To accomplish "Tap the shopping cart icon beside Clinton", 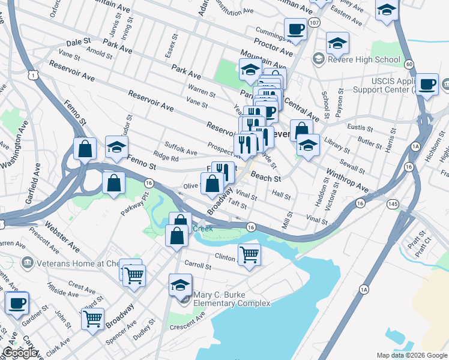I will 249,254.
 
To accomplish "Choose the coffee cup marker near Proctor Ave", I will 295,29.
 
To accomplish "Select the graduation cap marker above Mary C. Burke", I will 180,284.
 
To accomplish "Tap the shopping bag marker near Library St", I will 301,130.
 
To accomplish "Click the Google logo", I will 20,353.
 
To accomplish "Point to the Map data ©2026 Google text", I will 411,355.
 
